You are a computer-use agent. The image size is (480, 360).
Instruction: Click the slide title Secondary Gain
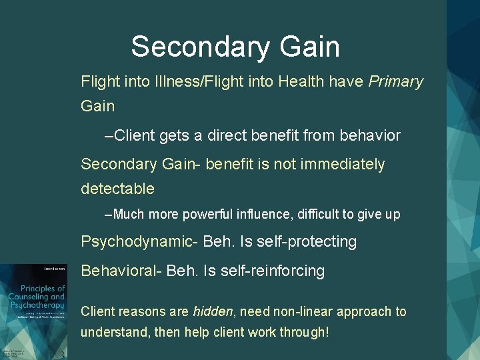coord(235,47)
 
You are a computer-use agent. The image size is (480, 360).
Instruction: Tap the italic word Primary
coord(396,81)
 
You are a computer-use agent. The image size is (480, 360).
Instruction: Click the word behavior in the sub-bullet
coord(371,135)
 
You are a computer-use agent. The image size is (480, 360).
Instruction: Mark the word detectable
coord(117,189)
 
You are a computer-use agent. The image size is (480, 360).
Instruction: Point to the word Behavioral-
coord(121,271)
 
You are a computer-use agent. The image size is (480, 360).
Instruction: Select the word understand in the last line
coord(114,331)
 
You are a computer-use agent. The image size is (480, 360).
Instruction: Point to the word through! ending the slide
coord(302,331)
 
